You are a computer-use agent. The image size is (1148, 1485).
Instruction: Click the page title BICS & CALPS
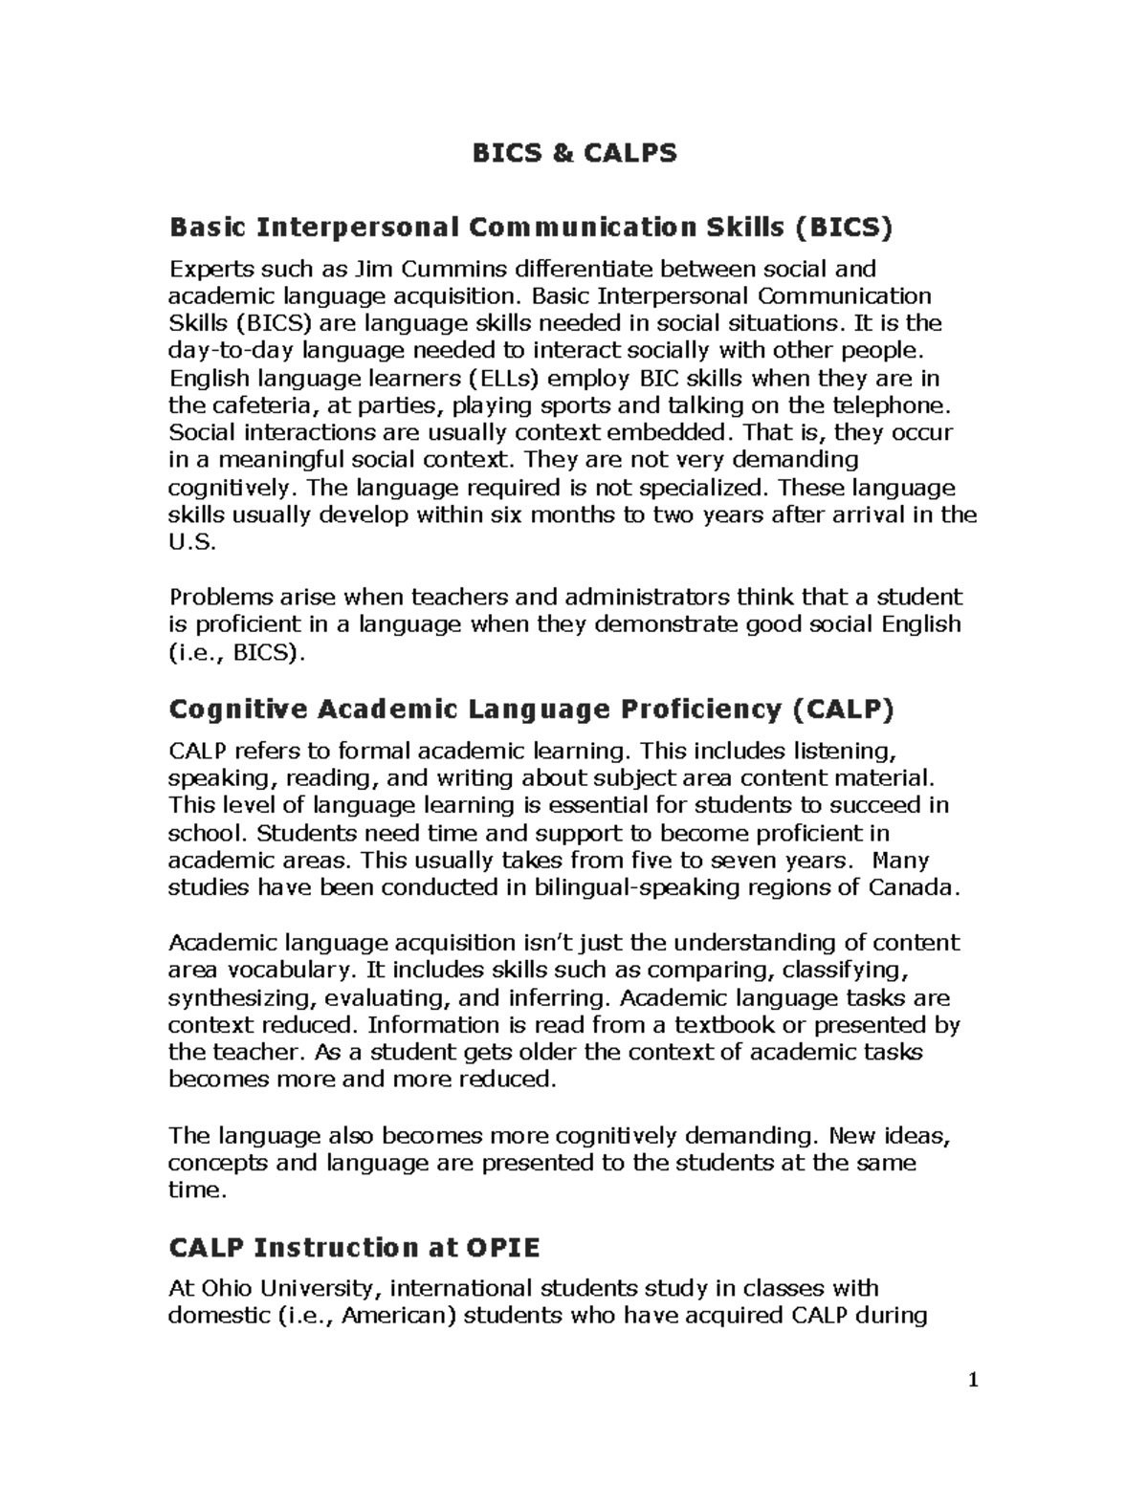click(x=574, y=153)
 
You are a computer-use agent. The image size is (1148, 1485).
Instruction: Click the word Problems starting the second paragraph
click(x=220, y=598)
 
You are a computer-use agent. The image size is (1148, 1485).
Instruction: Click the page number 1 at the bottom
click(x=973, y=1380)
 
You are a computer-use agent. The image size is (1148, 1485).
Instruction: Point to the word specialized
click(x=703, y=488)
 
